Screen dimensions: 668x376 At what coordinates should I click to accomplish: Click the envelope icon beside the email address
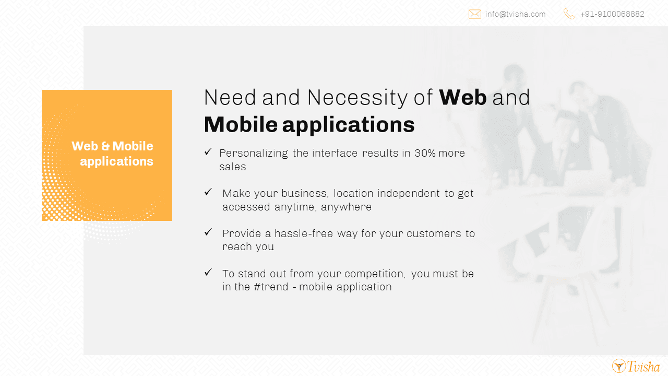click(x=475, y=14)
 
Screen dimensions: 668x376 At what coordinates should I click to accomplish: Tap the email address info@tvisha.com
click(x=515, y=14)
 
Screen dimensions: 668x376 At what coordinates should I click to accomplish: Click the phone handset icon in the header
click(x=569, y=14)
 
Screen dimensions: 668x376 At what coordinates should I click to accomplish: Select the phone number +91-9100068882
click(x=612, y=14)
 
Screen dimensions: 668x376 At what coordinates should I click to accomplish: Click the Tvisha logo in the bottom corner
click(x=636, y=366)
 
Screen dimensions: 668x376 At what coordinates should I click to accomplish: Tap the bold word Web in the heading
click(x=463, y=97)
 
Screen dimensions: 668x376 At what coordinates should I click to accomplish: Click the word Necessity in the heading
click(x=357, y=98)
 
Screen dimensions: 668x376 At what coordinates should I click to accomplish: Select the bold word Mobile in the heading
click(x=241, y=124)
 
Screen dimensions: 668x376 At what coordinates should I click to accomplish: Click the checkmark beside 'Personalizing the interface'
click(x=208, y=152)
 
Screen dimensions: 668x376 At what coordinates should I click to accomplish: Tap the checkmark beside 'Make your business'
click(x=208, y=192)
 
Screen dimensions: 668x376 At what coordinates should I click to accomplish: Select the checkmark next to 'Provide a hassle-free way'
click(x=208, y=232)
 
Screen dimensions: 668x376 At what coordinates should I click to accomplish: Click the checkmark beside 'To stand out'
click(x=208, y=272)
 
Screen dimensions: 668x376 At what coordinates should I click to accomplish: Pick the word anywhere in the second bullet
click(x=346, y=207)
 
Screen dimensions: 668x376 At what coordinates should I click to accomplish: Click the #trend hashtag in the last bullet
click(x=271, y=287)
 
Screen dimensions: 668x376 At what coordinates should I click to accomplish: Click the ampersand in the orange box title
click(x=105, y=146)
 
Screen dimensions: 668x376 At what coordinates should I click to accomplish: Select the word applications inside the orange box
click(x=116, y=162)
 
